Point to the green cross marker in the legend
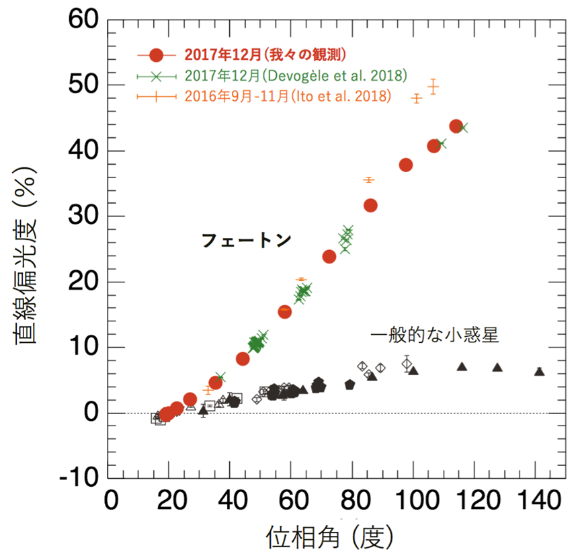click(156, 75)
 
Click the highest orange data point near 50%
click(433, 87)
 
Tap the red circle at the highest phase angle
click(456, 126)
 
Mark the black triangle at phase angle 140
click(539, 371)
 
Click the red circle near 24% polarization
click(329, 256)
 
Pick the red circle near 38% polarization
click(406, 165)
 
